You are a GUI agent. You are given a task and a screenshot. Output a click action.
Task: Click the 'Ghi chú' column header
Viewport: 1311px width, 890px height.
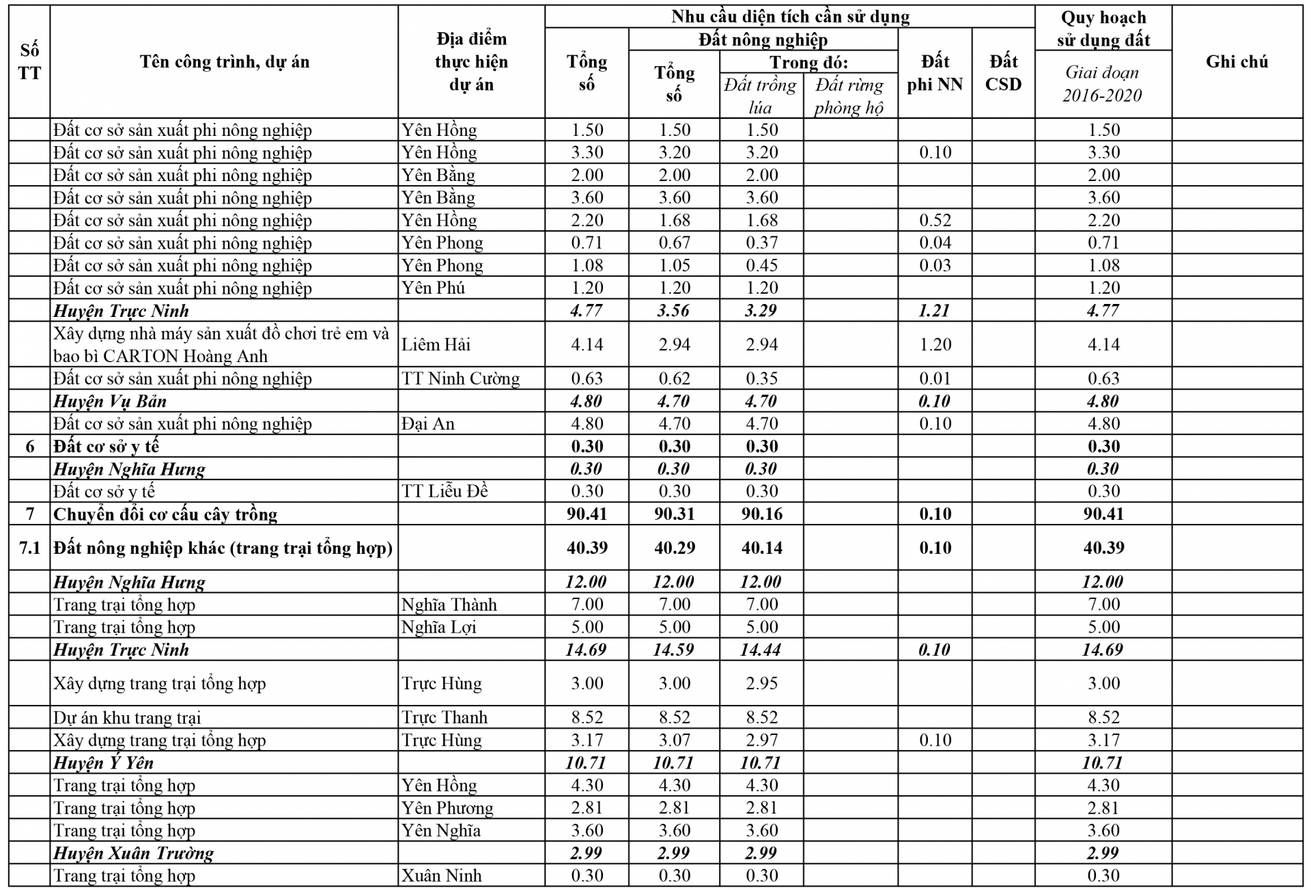click(x=1237, y=61)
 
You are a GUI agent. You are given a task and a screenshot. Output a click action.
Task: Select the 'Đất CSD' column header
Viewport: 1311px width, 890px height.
click(x=1003, y=72)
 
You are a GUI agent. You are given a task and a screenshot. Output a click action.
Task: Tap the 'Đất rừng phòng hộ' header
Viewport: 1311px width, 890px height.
click(x=849, y=96)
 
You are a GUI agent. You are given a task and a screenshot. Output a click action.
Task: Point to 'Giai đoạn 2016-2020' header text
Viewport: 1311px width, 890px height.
click(x=1102, y=83)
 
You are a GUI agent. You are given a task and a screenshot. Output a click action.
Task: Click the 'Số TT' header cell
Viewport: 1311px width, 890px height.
click(x=29, y=61)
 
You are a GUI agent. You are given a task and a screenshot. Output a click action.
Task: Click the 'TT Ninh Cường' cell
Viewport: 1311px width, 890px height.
click(x=460, y=378)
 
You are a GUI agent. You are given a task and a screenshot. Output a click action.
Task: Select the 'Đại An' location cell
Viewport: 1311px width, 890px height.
click(x=428, y=423)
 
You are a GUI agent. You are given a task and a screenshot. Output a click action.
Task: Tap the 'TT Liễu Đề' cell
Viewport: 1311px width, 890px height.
click(x=445, y=491)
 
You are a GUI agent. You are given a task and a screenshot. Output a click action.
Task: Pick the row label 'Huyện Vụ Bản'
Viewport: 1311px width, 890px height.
click(x=110, y=401)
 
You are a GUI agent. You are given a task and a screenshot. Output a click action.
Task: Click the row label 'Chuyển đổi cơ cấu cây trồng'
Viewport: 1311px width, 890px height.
click(x=165, y=514)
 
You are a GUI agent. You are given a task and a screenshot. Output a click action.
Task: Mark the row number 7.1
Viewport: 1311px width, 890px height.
click(x=29, y=547)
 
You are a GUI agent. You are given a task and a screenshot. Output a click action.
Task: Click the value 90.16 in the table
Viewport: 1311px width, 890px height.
click(x=761, y=514)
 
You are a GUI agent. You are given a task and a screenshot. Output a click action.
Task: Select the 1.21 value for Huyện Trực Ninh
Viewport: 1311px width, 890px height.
click(x=934, y=311)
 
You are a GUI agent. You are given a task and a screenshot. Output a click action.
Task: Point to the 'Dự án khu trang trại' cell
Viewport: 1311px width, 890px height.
click(x=127, y=717)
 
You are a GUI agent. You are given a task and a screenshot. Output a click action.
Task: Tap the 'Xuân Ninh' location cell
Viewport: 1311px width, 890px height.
click(x=441, y=876)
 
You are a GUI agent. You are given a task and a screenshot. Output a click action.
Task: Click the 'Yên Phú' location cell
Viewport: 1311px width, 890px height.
click(x=433, y=288)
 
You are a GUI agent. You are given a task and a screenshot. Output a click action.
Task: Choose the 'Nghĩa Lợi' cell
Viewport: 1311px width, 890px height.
click(x=438, y=627)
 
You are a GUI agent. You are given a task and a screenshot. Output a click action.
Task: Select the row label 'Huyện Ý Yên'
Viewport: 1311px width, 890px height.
click(x=104, y=762)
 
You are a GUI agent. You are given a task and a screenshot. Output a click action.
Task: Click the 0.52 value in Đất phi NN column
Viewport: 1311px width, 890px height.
click(x=935, y=220)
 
